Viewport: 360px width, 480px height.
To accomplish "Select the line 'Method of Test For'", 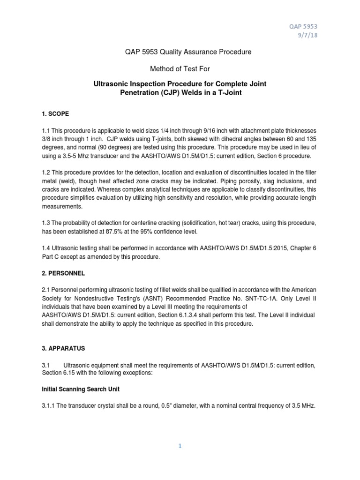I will pyautogui.click(x=180, y=69).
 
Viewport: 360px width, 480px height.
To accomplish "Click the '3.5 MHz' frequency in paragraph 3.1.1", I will pyautogui.click(x=300, y=406).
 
